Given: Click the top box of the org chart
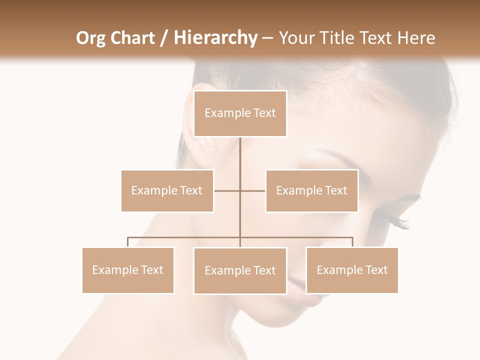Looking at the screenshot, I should click(240, 113).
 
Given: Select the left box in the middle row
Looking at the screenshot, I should click(167, 190).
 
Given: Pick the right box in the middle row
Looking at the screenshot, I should click(311, 190).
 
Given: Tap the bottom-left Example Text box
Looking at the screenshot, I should click(128, 270).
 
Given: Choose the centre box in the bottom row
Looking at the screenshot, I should click(240, 270).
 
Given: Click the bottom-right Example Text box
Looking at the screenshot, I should click(352, 270).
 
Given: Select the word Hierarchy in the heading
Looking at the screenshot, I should click(215, 38).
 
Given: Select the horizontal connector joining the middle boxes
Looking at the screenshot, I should click(227, 190).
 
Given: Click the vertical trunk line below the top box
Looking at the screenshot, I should click(240, 155).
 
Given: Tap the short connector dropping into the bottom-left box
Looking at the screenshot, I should click(128, 242).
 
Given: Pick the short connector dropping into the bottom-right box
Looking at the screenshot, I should click(352, 242).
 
